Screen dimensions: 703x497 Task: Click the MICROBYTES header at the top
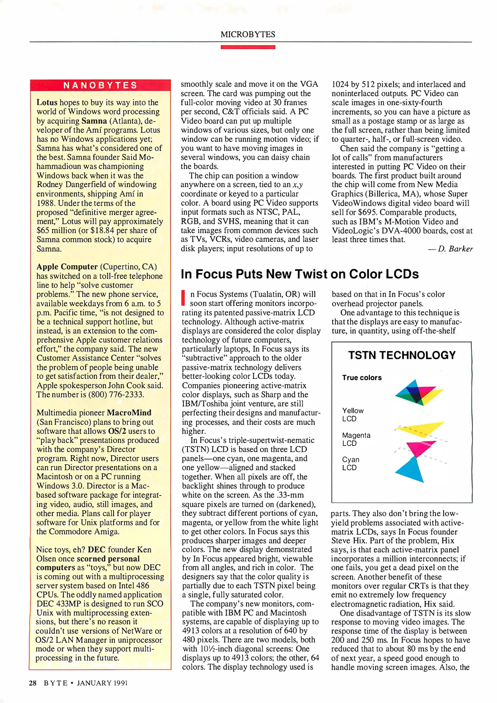(248, 34)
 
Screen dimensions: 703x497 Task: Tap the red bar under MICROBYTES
(248, 47)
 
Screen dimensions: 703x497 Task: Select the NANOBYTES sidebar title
(100, 85)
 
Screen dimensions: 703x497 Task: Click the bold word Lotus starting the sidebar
(47, 103)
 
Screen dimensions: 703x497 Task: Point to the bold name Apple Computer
(67, 267)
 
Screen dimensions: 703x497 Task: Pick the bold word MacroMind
(129, 413)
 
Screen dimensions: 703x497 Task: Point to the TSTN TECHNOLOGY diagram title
(402, 355)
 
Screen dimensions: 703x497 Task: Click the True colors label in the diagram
(362, 378)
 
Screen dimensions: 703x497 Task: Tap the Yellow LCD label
(352, 415)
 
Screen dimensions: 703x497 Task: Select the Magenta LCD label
(356, 439)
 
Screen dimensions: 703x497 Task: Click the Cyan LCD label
(350, 463)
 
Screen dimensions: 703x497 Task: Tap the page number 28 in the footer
(33, 683)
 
